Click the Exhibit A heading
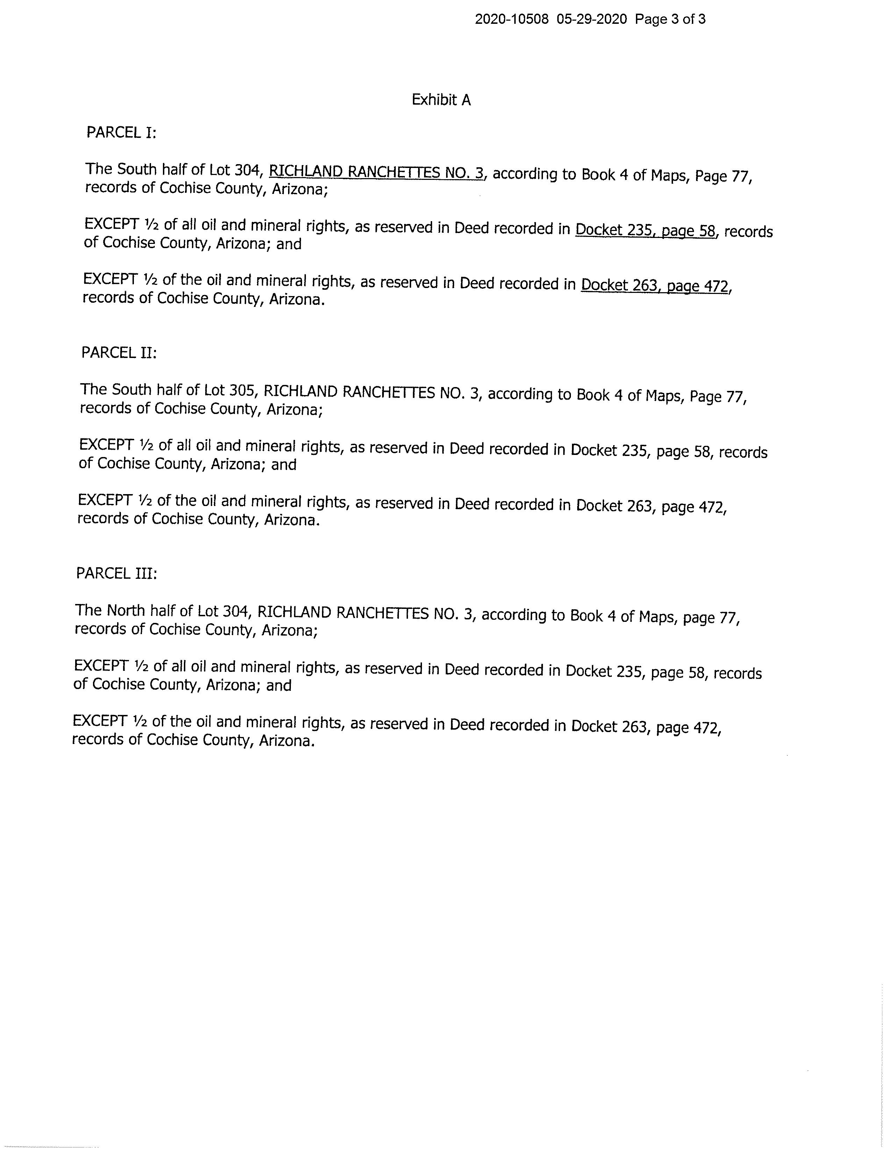[441, 100]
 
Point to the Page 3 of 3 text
[670, 20]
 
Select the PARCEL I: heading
[121, 132]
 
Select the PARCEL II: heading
[119, 353]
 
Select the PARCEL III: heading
[116, 574]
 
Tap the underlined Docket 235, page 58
[645, 230]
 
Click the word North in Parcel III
[126, 611]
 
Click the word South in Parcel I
[137, 169]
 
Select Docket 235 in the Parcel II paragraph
[609, 450]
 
